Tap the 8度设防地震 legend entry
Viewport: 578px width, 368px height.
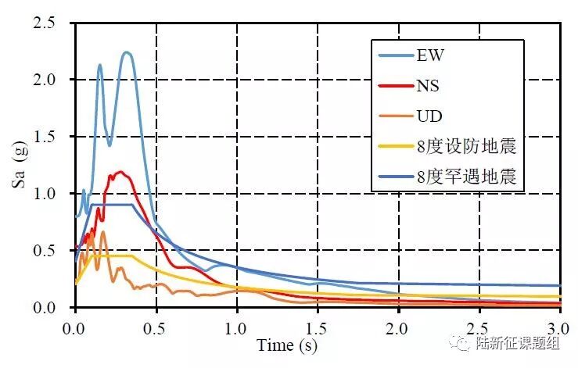pyautogui.click(x=467, y=147)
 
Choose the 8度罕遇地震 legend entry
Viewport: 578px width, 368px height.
pyautogui.click(x=467, y=177)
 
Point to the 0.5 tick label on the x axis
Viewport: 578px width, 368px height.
pyautogui.click(x=156, y=323)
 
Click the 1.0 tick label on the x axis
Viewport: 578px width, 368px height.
pyautogui.click(x=237, y=323)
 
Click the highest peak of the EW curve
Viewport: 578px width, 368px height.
pyautogui.click(x=127, y=52)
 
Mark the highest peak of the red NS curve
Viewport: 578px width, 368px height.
pyautogui.click(x=120, y=172)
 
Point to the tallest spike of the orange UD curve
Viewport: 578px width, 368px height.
pyautogui.click(x=102, y=231)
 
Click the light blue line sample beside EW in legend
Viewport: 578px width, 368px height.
pyautogui.click(x=394, y=55)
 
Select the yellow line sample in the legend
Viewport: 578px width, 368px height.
pyautogui.click(x=394, y=147)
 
